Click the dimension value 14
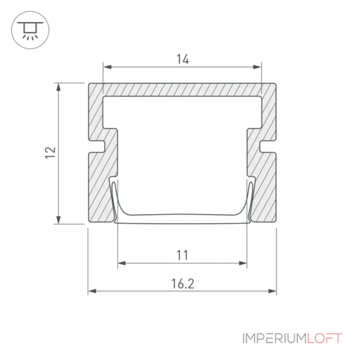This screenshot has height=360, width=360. [183, 59]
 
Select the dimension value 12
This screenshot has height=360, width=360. [50, 153]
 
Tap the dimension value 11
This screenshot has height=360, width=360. [182, 255]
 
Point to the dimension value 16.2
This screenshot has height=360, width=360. [183, 283]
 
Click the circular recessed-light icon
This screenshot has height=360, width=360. [30, 30]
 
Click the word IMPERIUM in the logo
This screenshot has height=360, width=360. [274, 338]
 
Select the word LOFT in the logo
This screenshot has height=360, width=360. [324, 338]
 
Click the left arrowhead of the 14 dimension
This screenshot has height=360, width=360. [108, 67]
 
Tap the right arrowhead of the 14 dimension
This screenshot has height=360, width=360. [257, 67]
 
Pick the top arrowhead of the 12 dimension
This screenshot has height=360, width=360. [58, 87]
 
